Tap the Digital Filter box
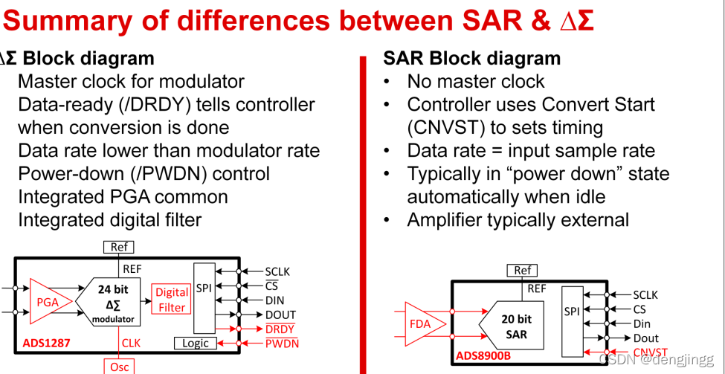pos(171,300)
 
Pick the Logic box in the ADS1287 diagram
pos(195,343)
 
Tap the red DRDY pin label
pos(280,329)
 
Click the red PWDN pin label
pos(282,344)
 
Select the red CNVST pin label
pos(651,352)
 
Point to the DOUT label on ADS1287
pos(280,315)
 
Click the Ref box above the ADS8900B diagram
pos(523,270)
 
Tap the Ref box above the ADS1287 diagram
pos(118,247)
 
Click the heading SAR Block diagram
pos(471,58)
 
